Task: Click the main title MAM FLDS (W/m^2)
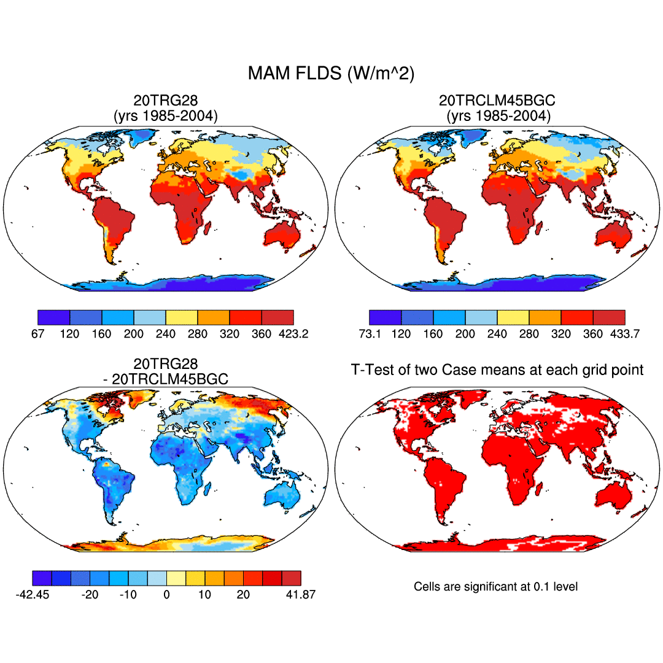[x=331, y=74]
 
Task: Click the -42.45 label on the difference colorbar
[x=33, y=595]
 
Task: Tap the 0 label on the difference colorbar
[x=166, y=595]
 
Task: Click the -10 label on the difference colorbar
[x=128, y=595]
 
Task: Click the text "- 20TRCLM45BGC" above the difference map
[x=166, y=379]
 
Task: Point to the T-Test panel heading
[x=497, y=370]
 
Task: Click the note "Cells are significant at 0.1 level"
[x=496, y=587]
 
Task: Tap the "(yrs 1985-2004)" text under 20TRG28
[x=166, y=115]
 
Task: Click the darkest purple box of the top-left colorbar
[x=54, y=317]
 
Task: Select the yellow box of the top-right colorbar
[x=513, y=317]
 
